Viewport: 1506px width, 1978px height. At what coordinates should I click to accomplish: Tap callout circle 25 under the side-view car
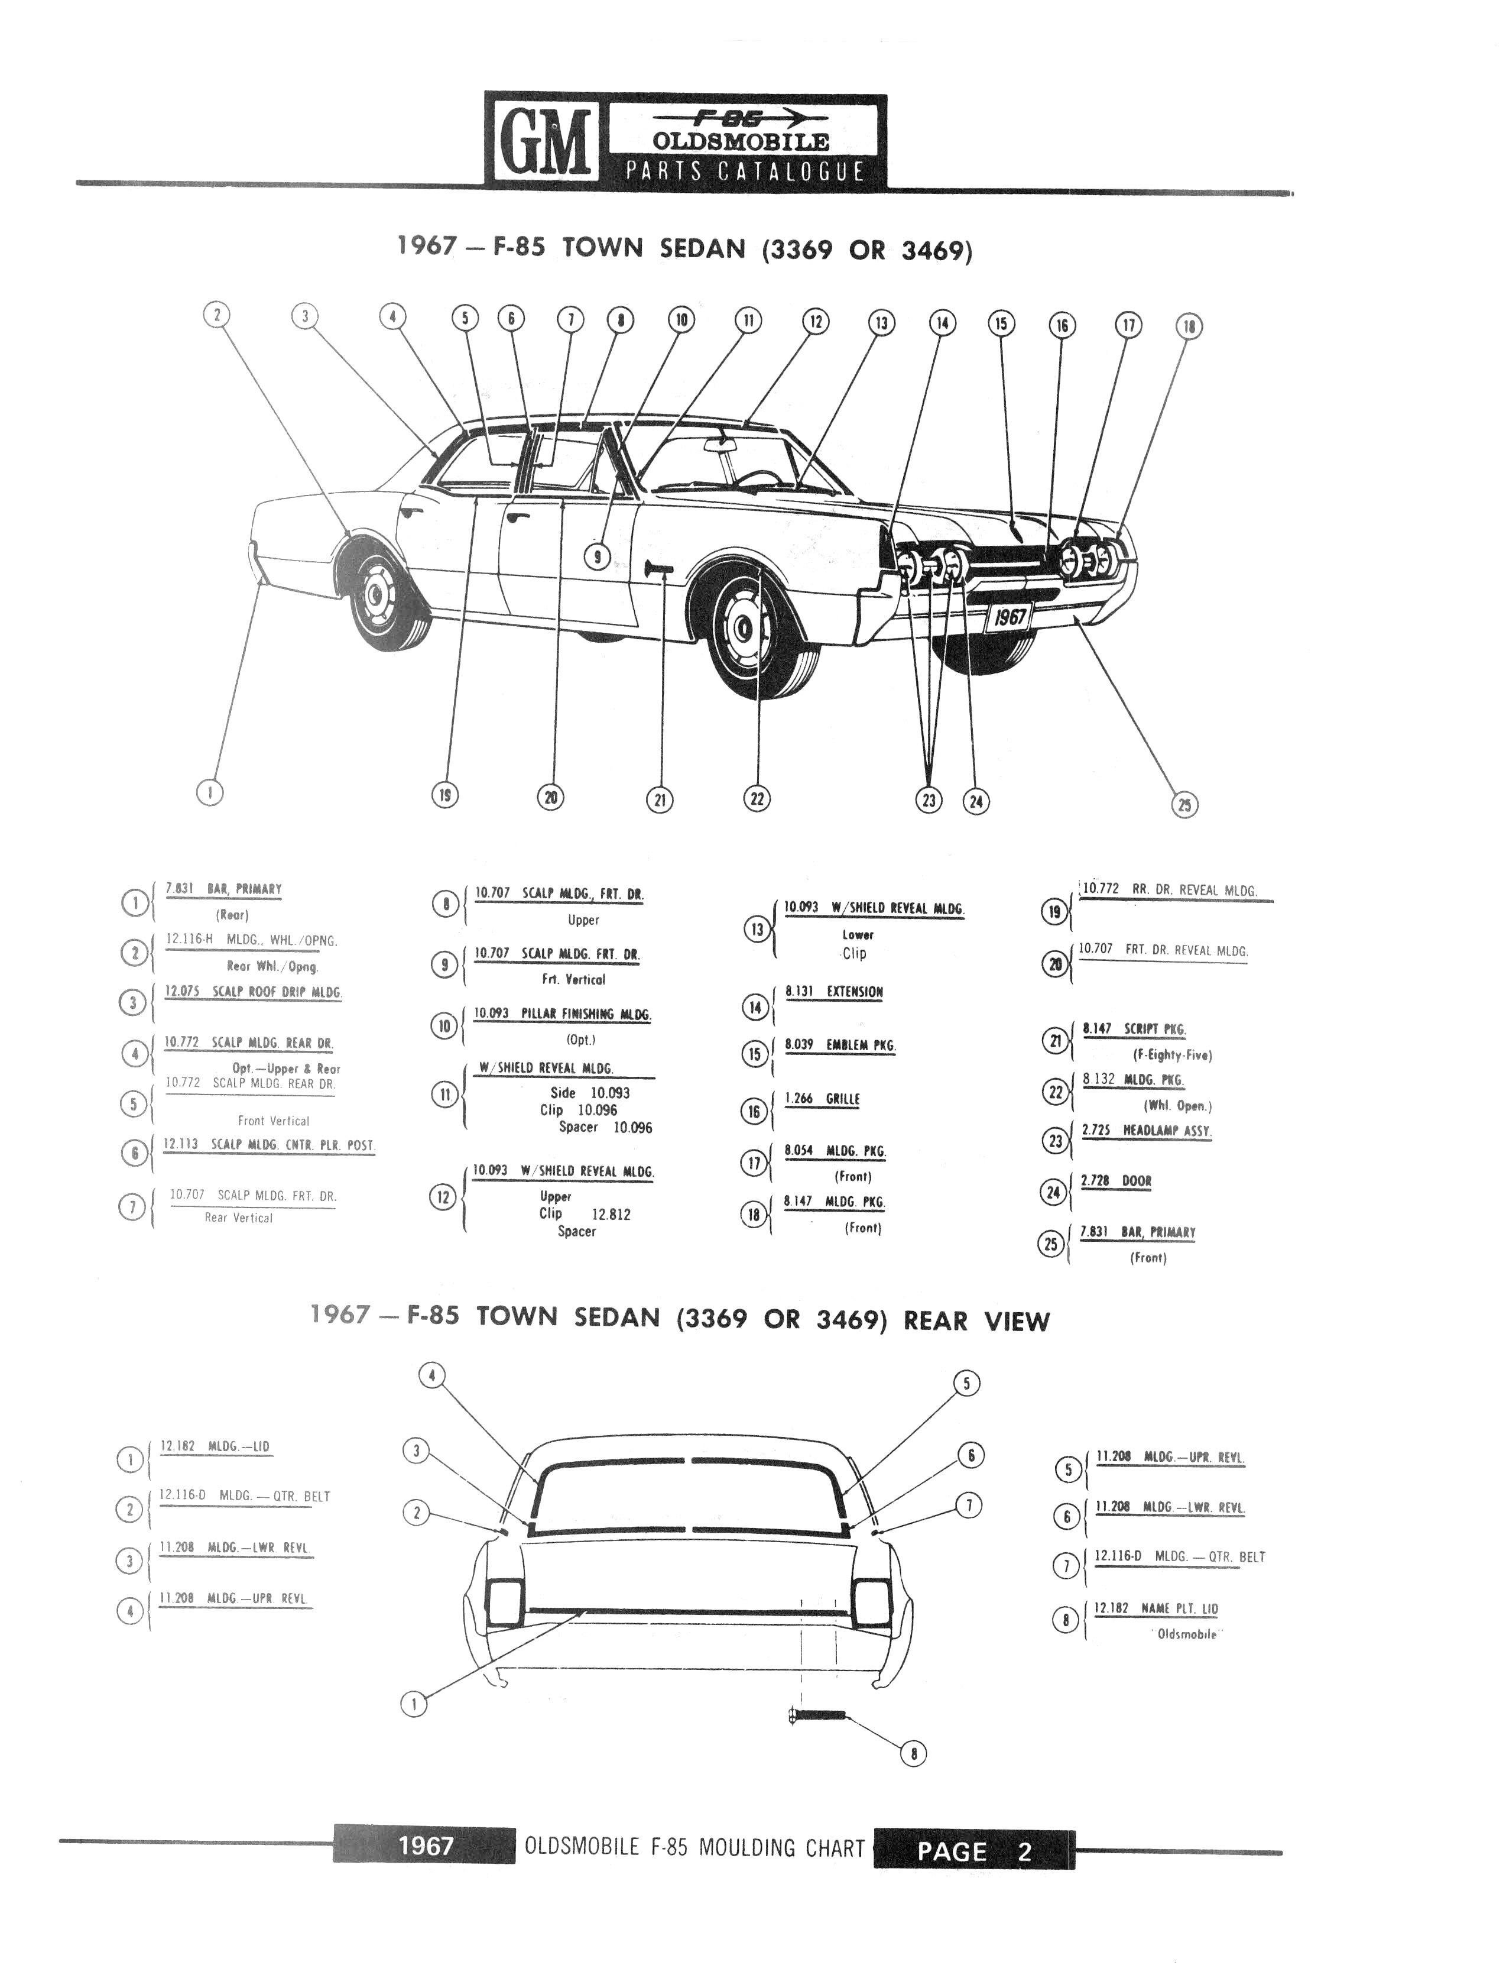pos(1185,804)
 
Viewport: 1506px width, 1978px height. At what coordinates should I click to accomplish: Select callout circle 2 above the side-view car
pos(216,315)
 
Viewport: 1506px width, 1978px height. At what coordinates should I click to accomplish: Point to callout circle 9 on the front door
pos(597,557)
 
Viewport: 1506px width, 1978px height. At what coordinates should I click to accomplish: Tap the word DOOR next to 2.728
pos(1136,1181)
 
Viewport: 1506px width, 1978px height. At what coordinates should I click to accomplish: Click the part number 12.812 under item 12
pos(611,1215)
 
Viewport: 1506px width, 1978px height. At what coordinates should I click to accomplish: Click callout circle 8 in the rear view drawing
pos(913,1753)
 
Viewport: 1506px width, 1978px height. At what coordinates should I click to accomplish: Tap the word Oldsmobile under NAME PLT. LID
pos(1186,1634)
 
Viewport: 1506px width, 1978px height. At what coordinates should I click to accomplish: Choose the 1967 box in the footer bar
pos(426,1846)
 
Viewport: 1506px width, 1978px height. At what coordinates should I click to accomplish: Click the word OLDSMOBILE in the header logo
pos(741,142)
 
